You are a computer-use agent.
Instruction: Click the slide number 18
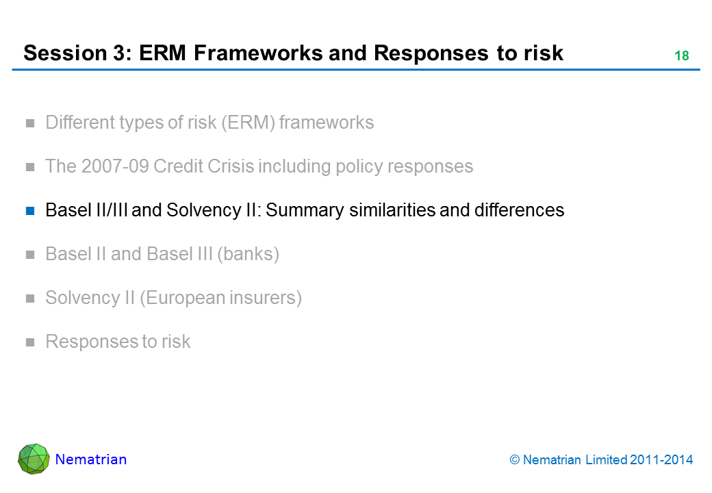(682, 56)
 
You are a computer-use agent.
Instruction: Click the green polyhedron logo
(34, 459)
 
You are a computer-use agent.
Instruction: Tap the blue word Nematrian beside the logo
(91, 459)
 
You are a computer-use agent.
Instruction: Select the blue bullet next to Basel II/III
(30, 211)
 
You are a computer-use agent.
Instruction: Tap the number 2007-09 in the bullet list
(115, 166)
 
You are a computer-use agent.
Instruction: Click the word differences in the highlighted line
(519, 210)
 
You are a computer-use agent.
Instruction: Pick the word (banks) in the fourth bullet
(248, 254)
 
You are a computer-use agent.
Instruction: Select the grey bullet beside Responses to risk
(30, 342)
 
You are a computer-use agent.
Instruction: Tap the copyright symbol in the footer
(514, 460)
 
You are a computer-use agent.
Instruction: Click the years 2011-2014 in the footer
(661, 460)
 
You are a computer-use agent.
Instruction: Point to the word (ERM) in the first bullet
(248, 123)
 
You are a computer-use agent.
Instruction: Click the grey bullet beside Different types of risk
(30, 123)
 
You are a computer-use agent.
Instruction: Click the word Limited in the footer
(606, 460)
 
